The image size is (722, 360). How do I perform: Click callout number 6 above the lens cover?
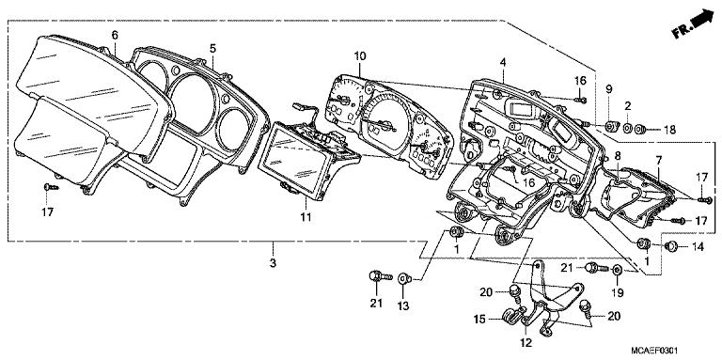[x=115, y=35]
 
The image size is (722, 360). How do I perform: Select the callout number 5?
[x=212, y=47]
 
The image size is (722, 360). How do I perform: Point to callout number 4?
[x=503, y=62]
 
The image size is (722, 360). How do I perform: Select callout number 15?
[x=480, y=320]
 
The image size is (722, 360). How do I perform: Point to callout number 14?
[x=697, y=246]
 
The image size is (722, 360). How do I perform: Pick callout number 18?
[x=668, y=129]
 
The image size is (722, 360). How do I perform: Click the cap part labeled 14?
[x=671, y=246]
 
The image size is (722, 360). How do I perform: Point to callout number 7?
[x=658, y=160]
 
